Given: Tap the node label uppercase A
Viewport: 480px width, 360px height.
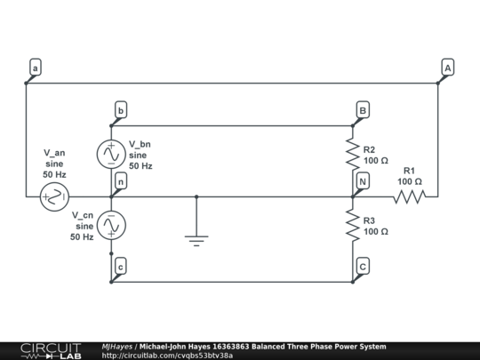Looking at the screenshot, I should [x=447, y=68].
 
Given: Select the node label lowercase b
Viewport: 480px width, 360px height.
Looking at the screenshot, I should [x=121, y=110].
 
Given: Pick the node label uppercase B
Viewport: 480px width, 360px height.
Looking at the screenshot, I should [x=363, y=110].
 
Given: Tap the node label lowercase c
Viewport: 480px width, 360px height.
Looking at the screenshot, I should [x=121, y=266].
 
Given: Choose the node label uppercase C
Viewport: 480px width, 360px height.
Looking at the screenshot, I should [x=363, y=266].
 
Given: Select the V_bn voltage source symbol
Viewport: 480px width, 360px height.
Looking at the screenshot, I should [x=111, y=154].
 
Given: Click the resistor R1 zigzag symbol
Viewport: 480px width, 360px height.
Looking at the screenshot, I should [x=409, y=196].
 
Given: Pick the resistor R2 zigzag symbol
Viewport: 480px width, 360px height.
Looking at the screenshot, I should [x=353, y=154].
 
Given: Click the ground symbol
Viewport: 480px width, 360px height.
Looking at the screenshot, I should [x=196, y=237].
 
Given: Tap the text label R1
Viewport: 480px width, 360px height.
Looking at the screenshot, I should [x=410, y=170].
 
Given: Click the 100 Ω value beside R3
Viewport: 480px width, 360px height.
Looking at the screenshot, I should [x=376, y=231].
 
